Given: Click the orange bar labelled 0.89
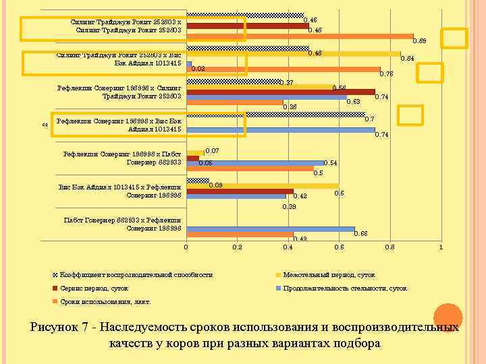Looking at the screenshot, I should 300,36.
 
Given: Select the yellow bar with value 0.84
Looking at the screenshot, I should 294,53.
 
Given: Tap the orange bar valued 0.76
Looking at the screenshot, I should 283,69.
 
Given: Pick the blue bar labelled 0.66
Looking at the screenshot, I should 270,229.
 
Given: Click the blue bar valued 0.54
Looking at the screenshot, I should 254,162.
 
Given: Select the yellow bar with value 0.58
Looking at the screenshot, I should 259,86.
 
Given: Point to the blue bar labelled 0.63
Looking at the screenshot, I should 266,97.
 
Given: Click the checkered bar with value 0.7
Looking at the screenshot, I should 275,114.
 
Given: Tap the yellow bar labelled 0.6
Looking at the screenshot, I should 263,185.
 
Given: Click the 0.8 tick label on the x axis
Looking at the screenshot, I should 389,248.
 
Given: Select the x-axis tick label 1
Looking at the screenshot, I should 440,248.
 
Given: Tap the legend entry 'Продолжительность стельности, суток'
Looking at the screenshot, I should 344,288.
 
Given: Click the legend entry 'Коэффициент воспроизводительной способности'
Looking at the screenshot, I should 136,275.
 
